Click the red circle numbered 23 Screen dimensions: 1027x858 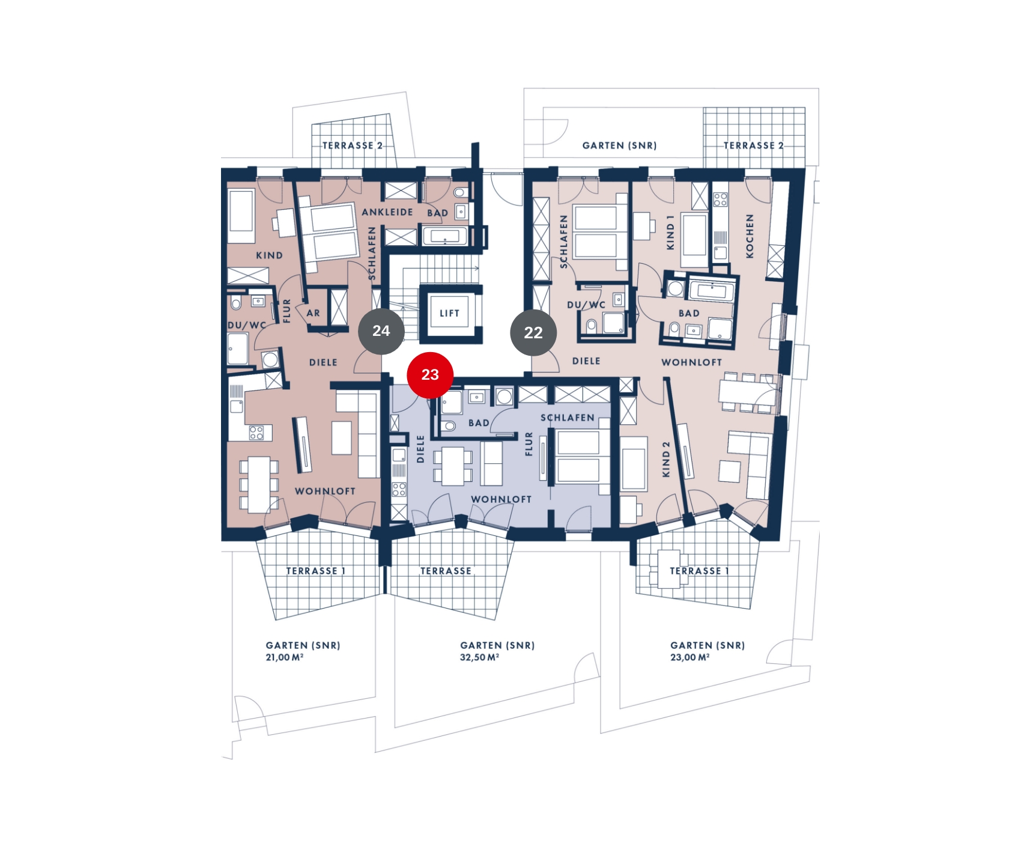tap(430, 375)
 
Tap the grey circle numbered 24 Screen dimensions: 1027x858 tap(381, 331)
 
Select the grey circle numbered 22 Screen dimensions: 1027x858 tap(533, 333)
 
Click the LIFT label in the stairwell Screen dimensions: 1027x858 tap(449, 313)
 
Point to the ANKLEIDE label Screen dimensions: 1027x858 tap(387, 212)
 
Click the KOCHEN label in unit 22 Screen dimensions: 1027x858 tap(750, 236)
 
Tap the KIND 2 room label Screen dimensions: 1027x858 tap(665, 460)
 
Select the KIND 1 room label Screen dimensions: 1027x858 tap(671, 233)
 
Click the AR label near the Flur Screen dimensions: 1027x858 tap(314, 313)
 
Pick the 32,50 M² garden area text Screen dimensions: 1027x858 tap(479, 657)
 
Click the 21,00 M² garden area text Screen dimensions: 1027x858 tap(285, 657)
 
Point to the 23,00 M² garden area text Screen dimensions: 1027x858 tap(690, 657)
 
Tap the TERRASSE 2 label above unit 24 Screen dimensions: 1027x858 tap(353, 145)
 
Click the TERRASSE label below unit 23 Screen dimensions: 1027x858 tap(446, 571)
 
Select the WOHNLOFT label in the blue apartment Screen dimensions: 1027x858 tap(501, 499)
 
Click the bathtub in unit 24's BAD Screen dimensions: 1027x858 tap(444, 236)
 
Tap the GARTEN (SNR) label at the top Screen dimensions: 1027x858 tap(620, 145)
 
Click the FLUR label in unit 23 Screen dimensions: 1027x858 tap(529, 444)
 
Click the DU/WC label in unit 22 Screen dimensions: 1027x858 tap(586, 305)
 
